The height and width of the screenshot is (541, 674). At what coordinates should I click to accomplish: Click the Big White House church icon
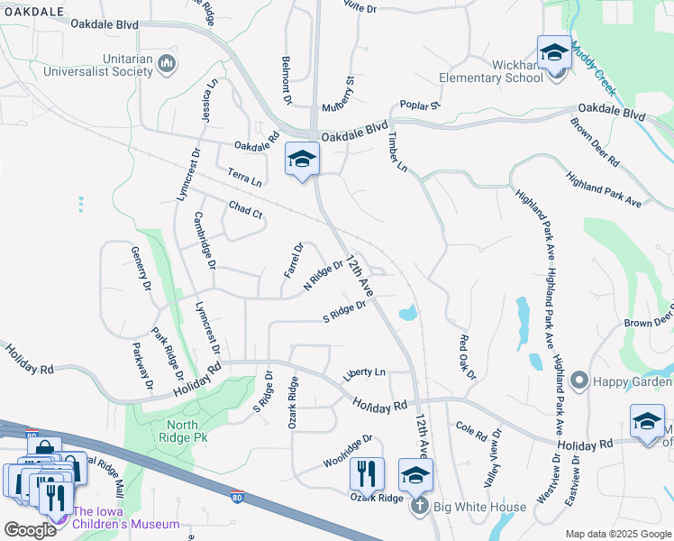tap(419, 507)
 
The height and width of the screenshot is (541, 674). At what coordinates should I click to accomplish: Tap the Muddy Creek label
tap(592, 67)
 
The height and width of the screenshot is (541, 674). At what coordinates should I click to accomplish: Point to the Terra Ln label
tap(244, 177)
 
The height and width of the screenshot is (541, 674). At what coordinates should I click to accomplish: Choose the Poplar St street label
tap(420, 105)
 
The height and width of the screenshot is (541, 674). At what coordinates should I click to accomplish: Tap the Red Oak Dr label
tap(466, 356)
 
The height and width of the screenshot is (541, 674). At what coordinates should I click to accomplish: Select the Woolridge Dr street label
tap(348, 453)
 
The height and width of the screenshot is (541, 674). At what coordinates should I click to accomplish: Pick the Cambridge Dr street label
tap(205, 241)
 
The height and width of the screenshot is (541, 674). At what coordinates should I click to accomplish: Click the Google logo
tap(30, 529)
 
